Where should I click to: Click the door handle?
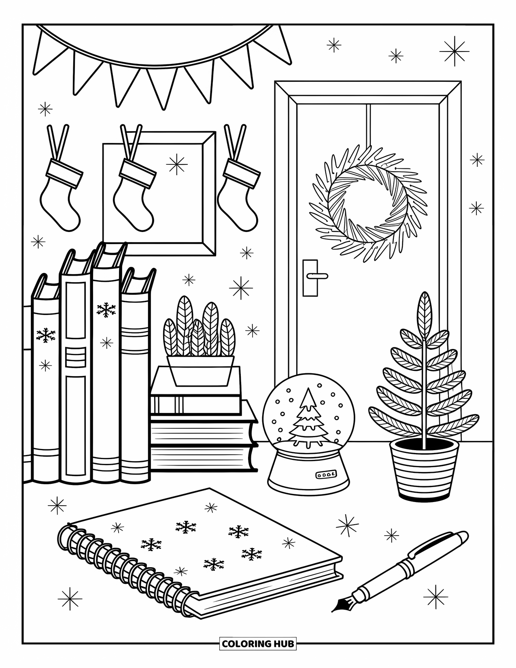point(316,276)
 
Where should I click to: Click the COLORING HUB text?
point(258,643)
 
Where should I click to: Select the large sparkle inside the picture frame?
point(177,164)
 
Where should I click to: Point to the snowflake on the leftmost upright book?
point(45,335)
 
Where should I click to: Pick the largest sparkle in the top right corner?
point(454,51)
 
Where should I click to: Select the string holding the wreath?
point(368,126)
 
